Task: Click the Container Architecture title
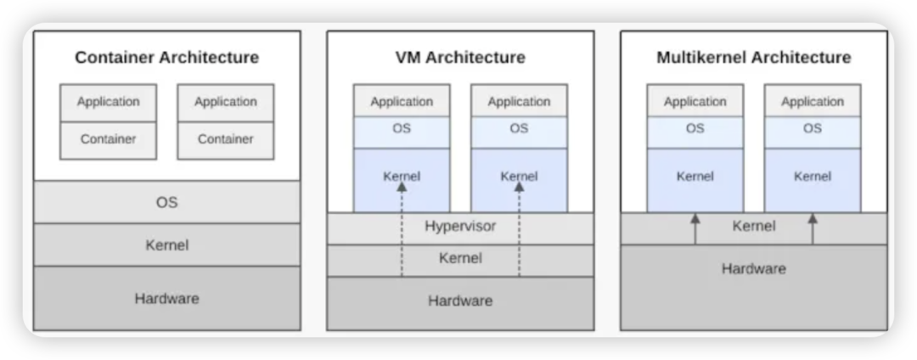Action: [166, 58]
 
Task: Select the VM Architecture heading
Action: [460, 58]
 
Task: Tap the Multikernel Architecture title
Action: [753, 58]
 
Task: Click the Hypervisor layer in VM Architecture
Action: [460, 228]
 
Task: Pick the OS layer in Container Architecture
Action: [166, 203]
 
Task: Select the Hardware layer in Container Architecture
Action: [166, 298]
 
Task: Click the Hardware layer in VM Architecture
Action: [460, 301]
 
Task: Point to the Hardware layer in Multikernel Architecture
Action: [753, 269]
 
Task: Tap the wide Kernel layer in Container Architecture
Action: [166, 245]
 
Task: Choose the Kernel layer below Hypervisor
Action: [460, 259]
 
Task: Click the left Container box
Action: [108, 139]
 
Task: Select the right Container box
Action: [225, 139]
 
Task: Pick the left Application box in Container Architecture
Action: [108, 102]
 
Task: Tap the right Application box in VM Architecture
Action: [519, 102]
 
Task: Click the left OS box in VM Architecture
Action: [402, 129]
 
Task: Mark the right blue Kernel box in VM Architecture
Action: [519, 178]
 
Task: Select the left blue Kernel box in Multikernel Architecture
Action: [695, 177]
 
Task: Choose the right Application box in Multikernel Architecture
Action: [813, 102]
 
